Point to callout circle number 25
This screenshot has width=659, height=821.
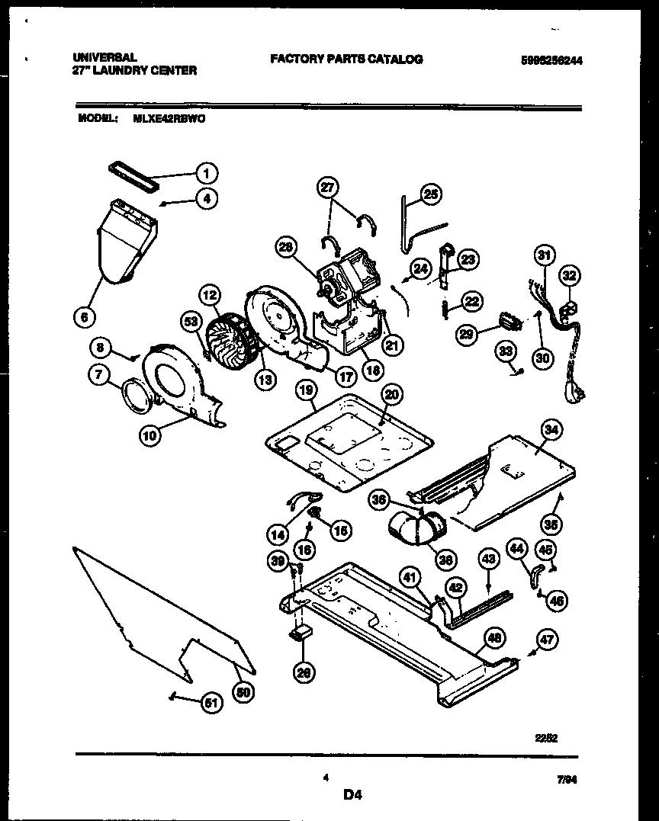[x=431, y=195]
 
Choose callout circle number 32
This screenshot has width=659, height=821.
[x=570, y=275]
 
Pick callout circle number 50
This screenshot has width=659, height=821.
[x=243, y=691]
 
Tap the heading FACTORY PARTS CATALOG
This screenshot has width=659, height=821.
[x=346, y=59]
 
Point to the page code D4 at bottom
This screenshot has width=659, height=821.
[x=351, y=795]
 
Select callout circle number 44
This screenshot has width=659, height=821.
[x=517, y=547]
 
